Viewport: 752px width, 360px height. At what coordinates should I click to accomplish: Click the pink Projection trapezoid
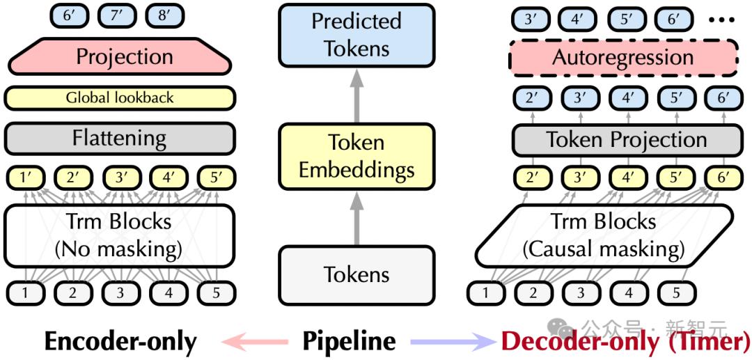pyautogui.click(x=120, y=56)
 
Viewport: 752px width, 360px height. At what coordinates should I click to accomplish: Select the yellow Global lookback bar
pyautogui.click(x=120, y=98)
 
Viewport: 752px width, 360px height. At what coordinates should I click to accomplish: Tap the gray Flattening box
pyautogui.click(x=120, y=139)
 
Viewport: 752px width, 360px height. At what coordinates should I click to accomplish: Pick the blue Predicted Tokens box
pyautogui.click(x=357, y=35)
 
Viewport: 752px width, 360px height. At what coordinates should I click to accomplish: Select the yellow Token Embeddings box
pyautogui.click(x=357, y=156)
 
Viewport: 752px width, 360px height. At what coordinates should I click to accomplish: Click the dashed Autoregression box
pyautogui.click(x=623, y=58)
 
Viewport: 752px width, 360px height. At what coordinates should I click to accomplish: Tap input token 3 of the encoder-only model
pyautogui.click(x=120, y=292)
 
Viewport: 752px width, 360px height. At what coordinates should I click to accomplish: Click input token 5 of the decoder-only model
pyautogui.click(x=675, y=292)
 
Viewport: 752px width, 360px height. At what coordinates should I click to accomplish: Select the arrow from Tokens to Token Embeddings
pyautogui.click(x=357, y=218)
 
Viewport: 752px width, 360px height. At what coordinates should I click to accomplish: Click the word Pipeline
pyautogui.click(x=349, y=342)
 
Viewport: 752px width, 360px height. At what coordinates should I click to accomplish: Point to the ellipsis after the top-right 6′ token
pyautogui.click(x=721, y=19)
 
